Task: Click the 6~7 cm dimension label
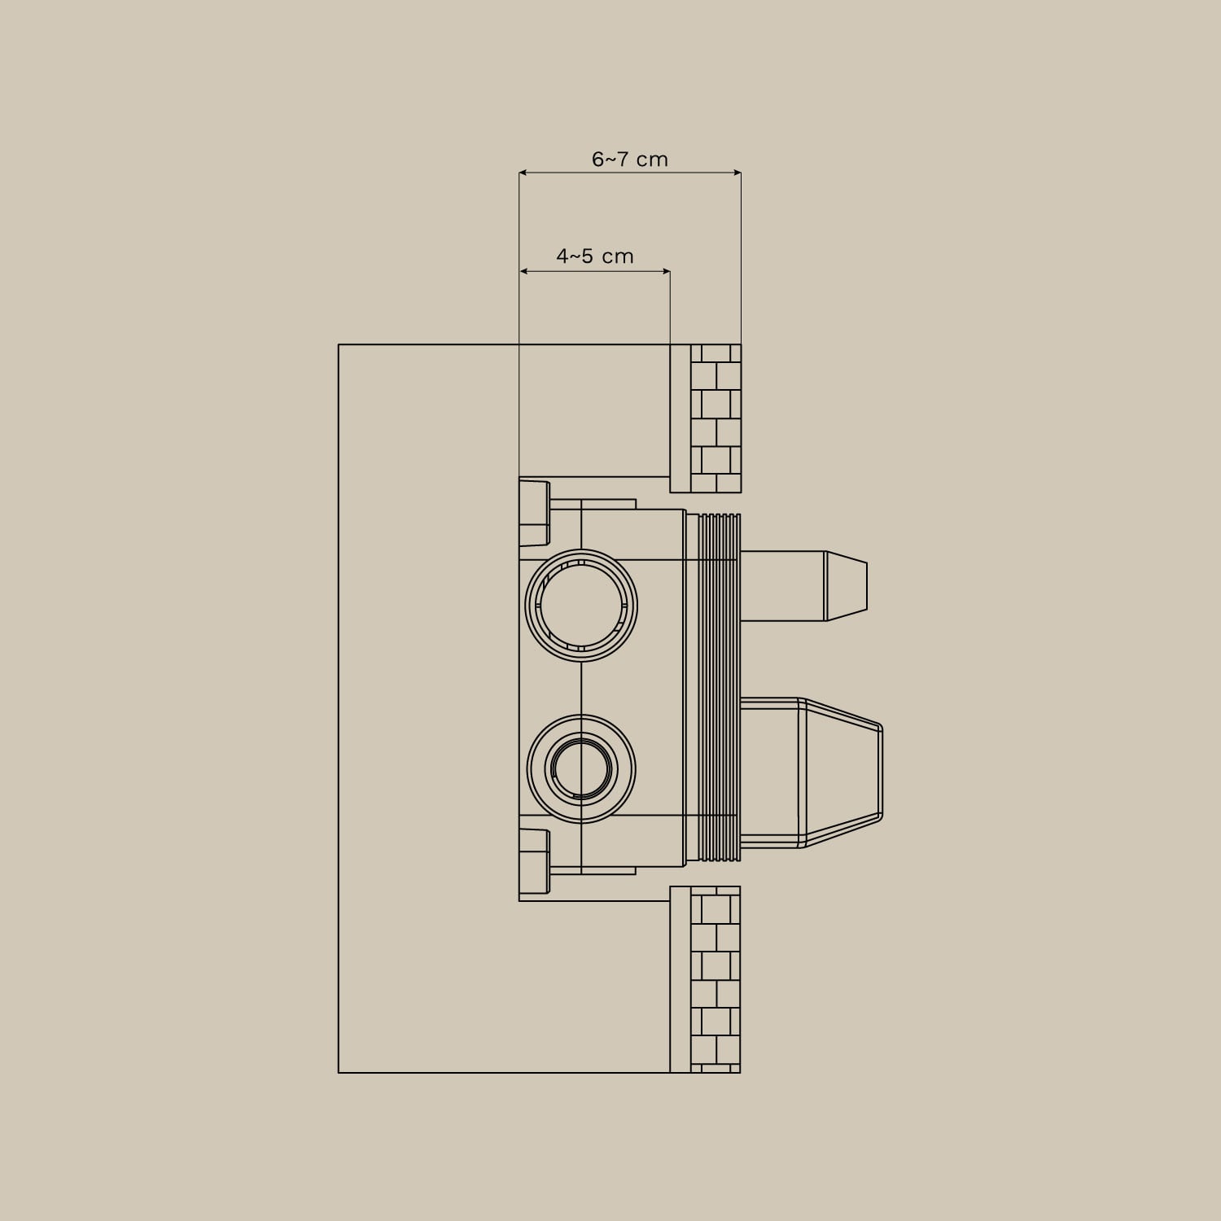(629, 159)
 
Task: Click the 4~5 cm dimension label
(595, 256)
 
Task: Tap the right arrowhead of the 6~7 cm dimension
(737, 173)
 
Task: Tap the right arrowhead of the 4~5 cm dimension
(666, 271)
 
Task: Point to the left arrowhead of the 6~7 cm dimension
(523, 173)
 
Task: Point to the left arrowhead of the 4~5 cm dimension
(523, 271)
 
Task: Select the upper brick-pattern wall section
(716, 418)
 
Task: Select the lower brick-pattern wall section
(716, 979)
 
